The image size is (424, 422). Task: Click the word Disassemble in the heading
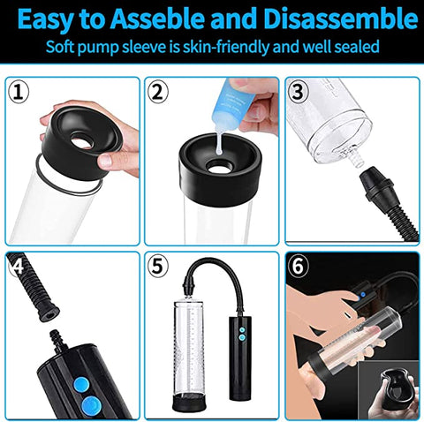(341, 19)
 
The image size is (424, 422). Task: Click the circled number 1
(19, 92)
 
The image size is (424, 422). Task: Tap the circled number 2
(158, 92)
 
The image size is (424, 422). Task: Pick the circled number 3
(298, 91)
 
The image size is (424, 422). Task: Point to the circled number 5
(157, 267)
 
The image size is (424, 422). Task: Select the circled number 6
(298, 266)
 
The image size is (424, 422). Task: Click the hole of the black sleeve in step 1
(82, 142)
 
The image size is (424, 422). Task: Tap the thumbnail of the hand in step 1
(105, 162)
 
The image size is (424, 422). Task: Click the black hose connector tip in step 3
(376, 182)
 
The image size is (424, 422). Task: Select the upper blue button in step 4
(80, 385)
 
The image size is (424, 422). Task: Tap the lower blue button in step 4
(92, 405)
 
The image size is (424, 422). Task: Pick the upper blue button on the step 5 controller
(242, 330)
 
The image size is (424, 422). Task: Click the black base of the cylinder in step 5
(188, 403)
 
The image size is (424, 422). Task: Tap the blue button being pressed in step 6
(363, 294)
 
